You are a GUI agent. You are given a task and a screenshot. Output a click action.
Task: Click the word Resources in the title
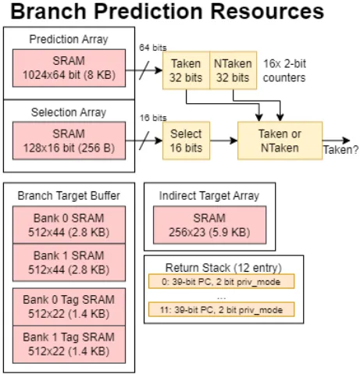click(x=266, y=12)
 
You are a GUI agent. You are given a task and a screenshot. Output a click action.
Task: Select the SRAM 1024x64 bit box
click(x=69, y=68)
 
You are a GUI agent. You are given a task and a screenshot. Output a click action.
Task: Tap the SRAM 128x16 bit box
click(x=69, y=141)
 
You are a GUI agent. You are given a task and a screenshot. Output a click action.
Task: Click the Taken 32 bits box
click(x=186, y=70)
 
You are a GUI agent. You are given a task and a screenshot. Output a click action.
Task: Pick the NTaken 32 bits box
click(x=233, y=70)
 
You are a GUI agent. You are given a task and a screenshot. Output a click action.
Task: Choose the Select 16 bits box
click(x=186, y=141)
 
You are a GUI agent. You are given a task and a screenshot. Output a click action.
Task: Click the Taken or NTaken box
click(x=280, y=141)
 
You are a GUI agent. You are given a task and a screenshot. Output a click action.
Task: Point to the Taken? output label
click(x=340, y=150)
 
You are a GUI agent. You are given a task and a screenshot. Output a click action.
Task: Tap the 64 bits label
click(x=153, y=48)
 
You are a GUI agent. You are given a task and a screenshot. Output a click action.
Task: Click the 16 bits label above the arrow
click(x=153, y=118)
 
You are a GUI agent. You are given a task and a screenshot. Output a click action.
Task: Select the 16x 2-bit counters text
click(x=284, y=70)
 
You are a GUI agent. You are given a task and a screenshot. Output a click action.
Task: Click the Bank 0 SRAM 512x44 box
click(x=69, y=225)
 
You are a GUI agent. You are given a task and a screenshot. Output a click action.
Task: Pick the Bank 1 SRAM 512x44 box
click(x=69, y=262)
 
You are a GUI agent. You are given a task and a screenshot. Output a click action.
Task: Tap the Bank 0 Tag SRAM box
click(x=69, y=307)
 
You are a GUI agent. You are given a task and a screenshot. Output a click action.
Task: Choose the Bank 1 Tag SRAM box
click(x=69, y=344)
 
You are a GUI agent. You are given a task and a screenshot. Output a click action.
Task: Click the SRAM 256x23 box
click(x=209, y=225)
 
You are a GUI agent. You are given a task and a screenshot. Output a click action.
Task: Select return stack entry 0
click(x=221, y=281)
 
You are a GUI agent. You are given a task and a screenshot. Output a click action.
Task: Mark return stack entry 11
click(x=221, y=309)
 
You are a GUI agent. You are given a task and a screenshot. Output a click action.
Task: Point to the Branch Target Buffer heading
click(x=69, y=196)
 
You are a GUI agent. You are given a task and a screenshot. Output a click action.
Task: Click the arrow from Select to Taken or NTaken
click(x=223, y=141)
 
